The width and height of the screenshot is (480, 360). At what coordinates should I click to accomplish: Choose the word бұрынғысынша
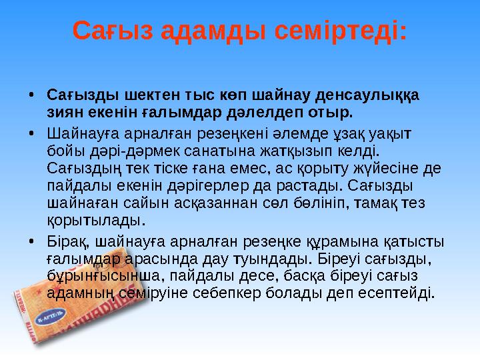pyautogui.click(x=99, y=275)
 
